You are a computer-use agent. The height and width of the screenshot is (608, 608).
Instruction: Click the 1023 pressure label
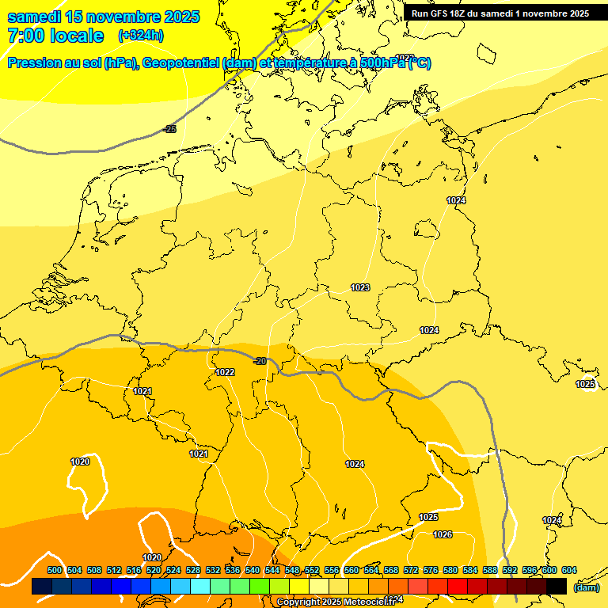coord(360,287)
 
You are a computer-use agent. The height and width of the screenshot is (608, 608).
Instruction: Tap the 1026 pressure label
coord(443,534)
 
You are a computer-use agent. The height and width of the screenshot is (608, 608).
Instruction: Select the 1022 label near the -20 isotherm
coord(225,372)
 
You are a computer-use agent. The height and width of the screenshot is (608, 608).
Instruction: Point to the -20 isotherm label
coord(259,361)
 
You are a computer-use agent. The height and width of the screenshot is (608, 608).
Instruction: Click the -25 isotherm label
coord(169,128)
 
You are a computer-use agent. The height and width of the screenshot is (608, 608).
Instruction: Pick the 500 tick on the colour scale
coord(55,571)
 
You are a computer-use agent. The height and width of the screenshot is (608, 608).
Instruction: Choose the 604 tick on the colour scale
coord(569,571)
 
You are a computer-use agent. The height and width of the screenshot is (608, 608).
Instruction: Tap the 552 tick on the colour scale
coord(312,571)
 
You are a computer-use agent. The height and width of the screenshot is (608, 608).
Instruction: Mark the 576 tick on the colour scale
coord(431,571)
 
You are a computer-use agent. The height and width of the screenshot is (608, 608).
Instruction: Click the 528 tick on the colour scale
coord(193,571)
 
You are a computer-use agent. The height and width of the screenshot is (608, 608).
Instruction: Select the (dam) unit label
coord(587,587)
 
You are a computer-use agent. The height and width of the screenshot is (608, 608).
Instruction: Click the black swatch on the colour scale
coord(557,586)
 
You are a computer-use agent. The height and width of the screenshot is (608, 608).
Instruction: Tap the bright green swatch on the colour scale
coord(260,586)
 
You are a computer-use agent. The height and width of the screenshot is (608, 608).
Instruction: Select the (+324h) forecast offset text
coord(141,35)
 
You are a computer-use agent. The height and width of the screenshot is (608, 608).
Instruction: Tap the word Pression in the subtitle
coord(35,63)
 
